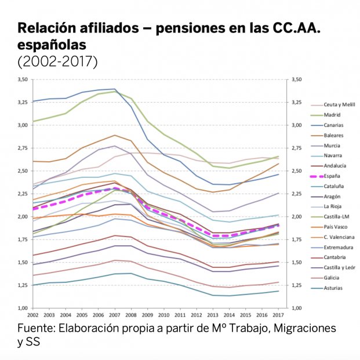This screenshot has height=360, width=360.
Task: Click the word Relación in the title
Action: click(46, 28)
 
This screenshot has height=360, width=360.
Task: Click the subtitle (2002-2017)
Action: click(57, 60)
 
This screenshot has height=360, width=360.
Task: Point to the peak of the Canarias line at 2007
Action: click(115, 89)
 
